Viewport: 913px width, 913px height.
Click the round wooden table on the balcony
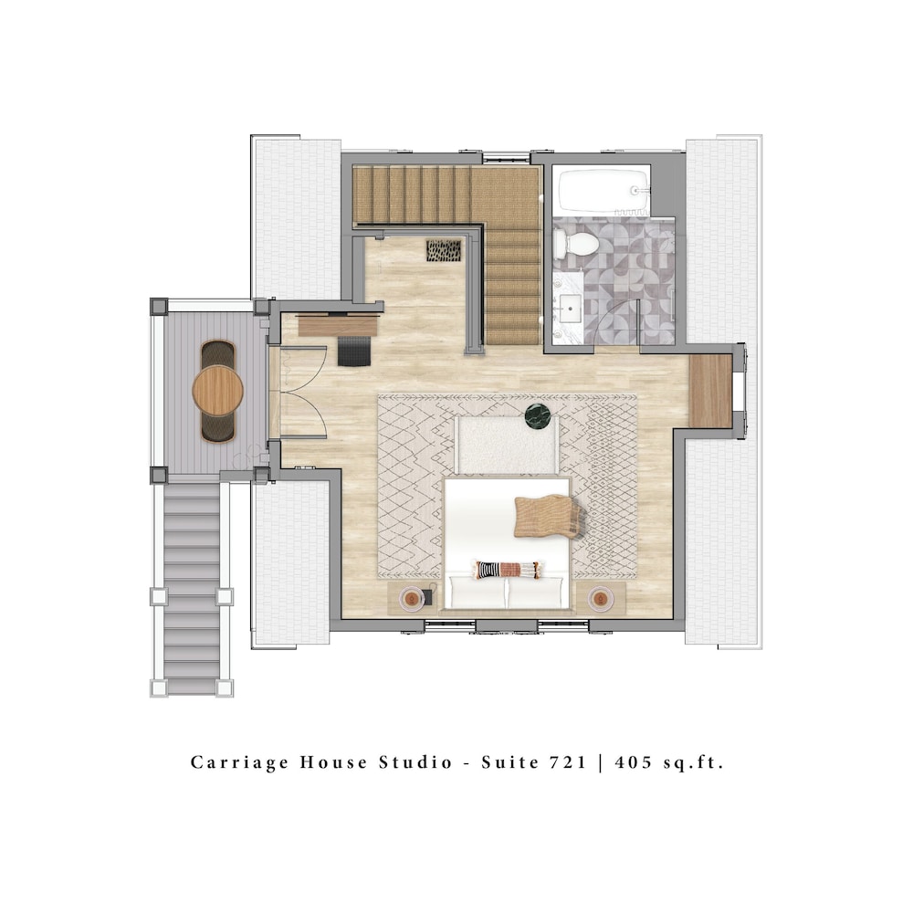(218, 390)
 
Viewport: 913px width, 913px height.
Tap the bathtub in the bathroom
(603, 190)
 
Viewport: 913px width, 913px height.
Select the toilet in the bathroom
(574, 244)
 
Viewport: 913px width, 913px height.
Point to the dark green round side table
(538, 416)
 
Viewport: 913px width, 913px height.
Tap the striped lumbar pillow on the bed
(507, 570)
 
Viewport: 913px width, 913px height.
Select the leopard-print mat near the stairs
(444, 250)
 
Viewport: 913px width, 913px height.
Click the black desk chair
(354, 351)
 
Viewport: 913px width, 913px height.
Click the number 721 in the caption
(567, 762)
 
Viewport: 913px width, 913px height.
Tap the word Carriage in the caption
(239, 763)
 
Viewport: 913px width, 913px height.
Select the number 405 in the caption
(634, 762)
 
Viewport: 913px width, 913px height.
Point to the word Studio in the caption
(415, 762)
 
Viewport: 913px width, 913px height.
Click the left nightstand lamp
(412, 599)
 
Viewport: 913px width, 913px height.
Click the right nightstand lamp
(601, 599)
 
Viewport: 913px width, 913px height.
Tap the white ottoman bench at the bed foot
(506, 446)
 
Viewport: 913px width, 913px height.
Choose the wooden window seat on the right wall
(710, 391)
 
